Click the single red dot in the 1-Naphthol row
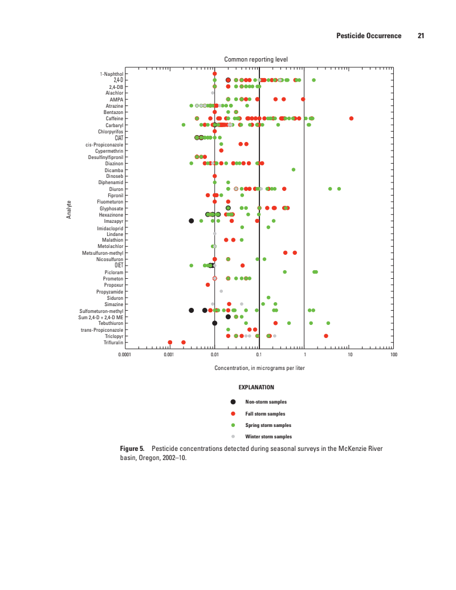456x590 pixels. [215, 74]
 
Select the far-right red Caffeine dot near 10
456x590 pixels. [351, 118]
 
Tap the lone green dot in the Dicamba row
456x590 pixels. [294, 169]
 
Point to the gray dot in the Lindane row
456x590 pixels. [215, 234]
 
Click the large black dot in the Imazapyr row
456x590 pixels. [192, 221]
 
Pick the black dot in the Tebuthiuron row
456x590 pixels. [215, 323]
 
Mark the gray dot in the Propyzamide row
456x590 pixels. [221, 291]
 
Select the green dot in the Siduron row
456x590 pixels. [268, 298]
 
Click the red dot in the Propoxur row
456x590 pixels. [207, 284]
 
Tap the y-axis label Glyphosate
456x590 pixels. [111, 208]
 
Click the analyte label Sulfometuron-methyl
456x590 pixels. [101, 311]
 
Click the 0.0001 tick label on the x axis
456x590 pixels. [124, 355]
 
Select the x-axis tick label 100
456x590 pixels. [393, 355]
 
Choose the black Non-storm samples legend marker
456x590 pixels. [233, 402]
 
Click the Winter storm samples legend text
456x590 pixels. [268, 437]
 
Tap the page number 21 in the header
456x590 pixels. [421, 36]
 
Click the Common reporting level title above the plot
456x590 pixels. [256, 59]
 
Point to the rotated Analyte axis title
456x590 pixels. [69, 209]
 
